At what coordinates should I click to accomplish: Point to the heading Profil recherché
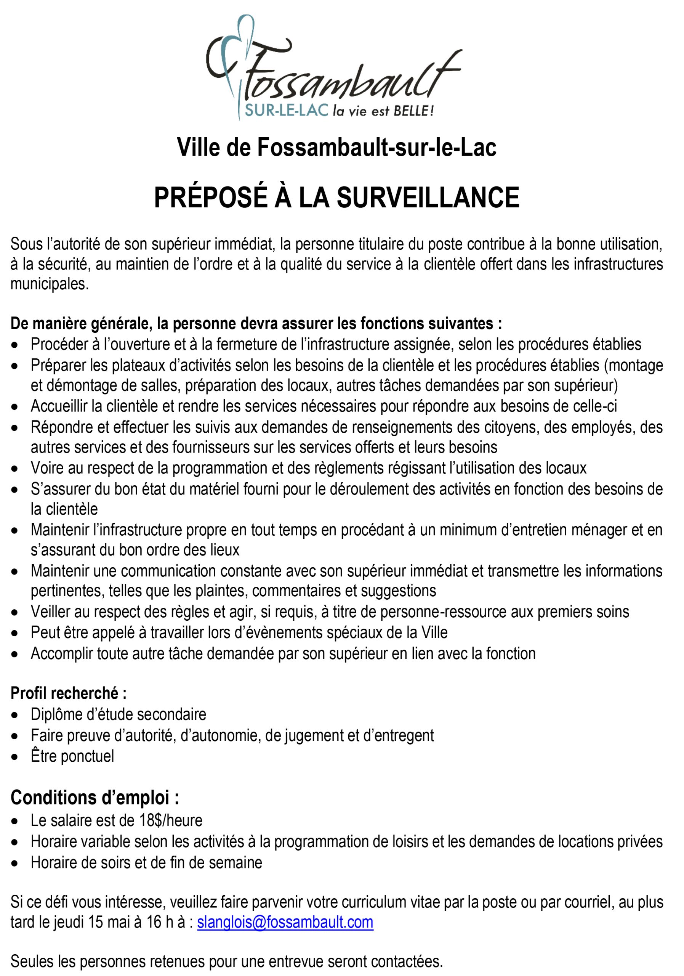[x=69, y=693]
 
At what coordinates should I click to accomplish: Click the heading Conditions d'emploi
[x=95, y=798]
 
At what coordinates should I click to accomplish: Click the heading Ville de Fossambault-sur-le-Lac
[x=336, y=148]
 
